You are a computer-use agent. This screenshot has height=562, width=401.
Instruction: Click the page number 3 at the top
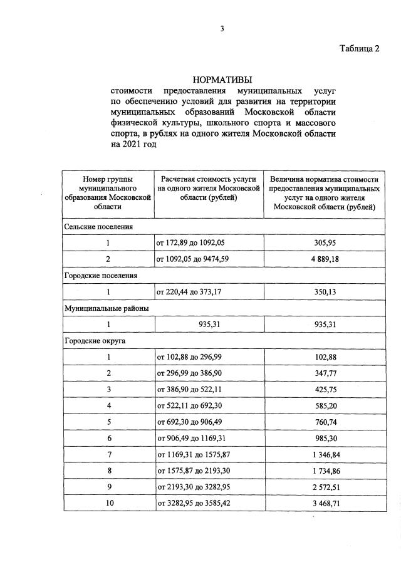tap(222, 28)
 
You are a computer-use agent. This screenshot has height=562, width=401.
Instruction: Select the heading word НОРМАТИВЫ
tap(222, 80)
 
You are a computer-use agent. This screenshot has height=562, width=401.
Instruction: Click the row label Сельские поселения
tap(98, 226)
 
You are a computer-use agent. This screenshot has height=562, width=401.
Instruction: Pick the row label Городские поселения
tap(101, 275)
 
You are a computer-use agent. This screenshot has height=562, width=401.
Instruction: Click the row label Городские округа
tap(95, 340)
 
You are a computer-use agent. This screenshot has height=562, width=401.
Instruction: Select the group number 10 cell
tap(108, 502)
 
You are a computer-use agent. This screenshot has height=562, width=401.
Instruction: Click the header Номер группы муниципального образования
tap(108, 192)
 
